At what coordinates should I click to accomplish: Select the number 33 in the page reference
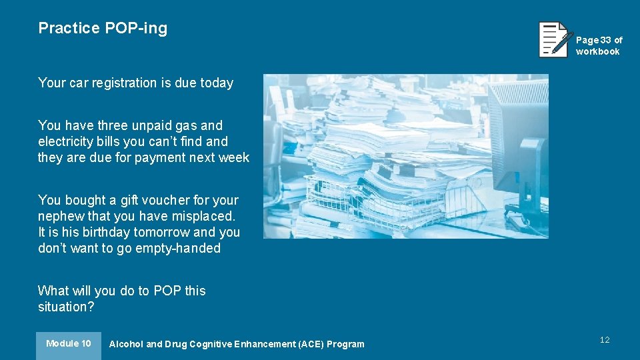point(605,40)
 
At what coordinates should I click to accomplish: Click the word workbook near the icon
point(597,51)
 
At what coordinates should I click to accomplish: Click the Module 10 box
point(69,345)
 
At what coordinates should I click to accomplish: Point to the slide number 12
point(605,340)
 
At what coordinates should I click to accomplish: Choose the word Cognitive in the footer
point(213,345)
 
